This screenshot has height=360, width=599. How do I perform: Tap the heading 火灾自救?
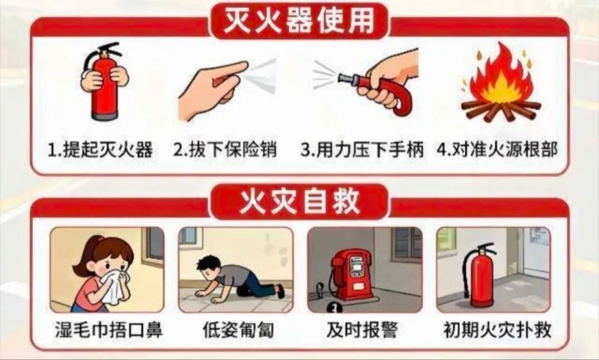pos(299,201)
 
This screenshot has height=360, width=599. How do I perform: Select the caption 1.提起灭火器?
pos(100,150)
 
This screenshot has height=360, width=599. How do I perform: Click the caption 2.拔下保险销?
pos(225,149)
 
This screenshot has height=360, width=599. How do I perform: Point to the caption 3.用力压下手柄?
pos(362,149)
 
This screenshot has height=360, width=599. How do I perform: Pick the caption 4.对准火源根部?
pos(497,149)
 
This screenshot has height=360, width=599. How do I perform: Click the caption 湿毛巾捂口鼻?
pos(109,330)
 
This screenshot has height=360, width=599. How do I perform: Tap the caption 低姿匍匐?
pos(238,330)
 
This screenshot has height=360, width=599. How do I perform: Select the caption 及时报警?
pos(362,330)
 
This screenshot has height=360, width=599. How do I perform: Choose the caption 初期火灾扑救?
pos(497,330)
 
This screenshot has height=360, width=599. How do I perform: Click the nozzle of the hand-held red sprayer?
pos(344,79)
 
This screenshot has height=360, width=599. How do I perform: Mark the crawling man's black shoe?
pos(281,291)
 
